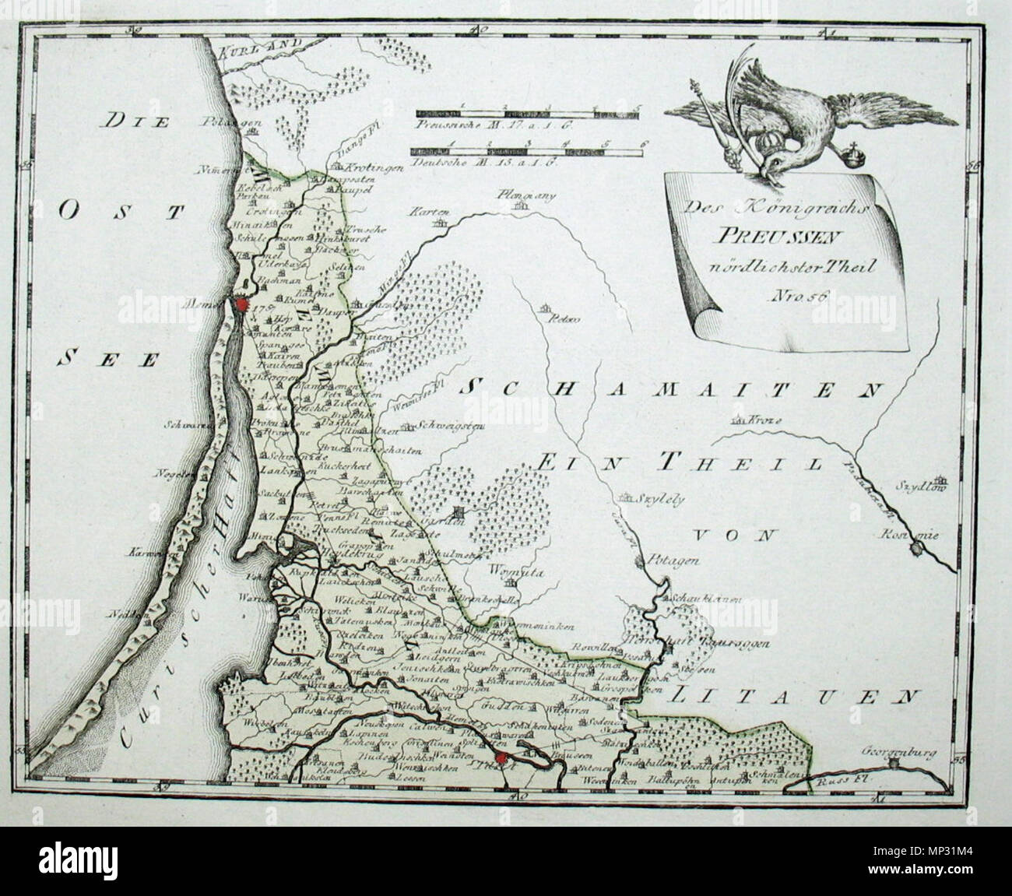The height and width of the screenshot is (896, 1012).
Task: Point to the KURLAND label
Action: (251, 48)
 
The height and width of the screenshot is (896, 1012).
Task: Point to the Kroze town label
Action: (766, 420)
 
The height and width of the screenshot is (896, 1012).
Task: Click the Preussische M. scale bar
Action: (526, 114)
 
